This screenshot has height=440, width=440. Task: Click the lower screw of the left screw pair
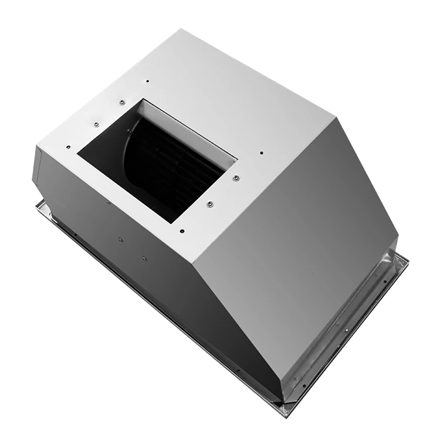click(x=96, y=124)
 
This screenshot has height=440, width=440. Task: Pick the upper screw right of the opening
click(x=235, y=177)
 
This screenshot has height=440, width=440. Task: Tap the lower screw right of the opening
click(x=209, y=204)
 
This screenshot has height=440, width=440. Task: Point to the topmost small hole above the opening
click(x=147, y=81)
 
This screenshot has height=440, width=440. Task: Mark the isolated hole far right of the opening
click(x=262, y=153)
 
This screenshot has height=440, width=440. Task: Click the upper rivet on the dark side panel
click(x=120, y=239)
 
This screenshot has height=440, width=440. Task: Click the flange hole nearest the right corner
click(x=398, y=265)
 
